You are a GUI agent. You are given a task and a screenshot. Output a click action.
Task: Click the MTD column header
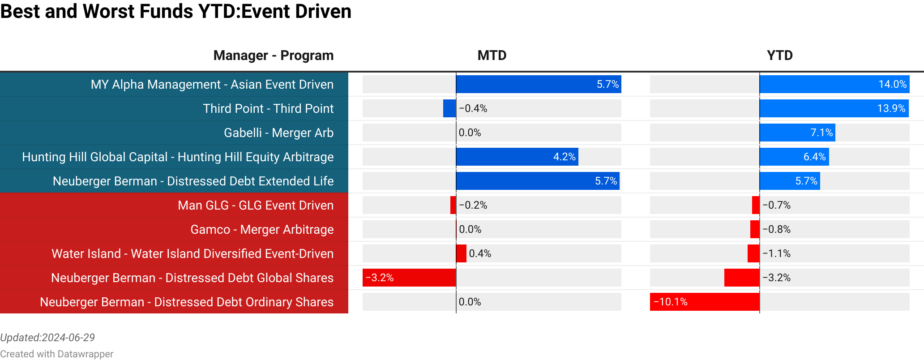coord(492,56)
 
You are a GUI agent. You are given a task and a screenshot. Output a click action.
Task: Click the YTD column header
coord(779,56)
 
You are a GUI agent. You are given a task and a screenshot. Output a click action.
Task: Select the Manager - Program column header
coord(273,56)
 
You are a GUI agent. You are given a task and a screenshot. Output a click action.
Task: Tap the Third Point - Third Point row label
coord(268,109)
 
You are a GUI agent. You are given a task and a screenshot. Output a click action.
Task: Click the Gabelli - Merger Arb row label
coord(278,133)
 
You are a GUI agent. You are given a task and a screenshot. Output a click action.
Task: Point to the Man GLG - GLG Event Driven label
coord(255,206)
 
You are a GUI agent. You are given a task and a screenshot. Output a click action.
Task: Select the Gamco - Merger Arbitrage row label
coord(261,230)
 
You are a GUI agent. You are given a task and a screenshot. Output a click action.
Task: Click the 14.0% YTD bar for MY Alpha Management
coord(834,85)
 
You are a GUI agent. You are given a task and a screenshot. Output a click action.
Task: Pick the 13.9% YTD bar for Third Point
coord(834,109)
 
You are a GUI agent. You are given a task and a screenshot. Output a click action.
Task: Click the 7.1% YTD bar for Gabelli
coord(797,133)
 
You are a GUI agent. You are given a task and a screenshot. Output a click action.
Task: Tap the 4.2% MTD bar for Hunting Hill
coord(517,157)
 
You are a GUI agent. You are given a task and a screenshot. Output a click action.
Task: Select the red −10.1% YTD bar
coord(705,302)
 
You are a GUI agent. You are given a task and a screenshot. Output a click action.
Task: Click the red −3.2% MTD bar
coord(409,278)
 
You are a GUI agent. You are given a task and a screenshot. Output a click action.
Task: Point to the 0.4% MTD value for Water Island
coord(479,254)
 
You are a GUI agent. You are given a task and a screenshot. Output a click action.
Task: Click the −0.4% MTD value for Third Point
coord(473,109)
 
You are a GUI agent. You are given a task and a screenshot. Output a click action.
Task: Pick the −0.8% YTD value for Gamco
coord(776,230)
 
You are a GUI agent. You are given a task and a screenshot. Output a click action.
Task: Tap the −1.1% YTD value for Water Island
coord(776,254)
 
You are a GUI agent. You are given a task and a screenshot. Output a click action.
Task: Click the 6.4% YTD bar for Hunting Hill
coord(794,157)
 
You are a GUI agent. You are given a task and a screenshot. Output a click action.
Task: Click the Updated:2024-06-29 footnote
coord(47,338)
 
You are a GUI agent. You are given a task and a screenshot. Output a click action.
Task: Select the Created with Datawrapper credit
coord(56,354)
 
